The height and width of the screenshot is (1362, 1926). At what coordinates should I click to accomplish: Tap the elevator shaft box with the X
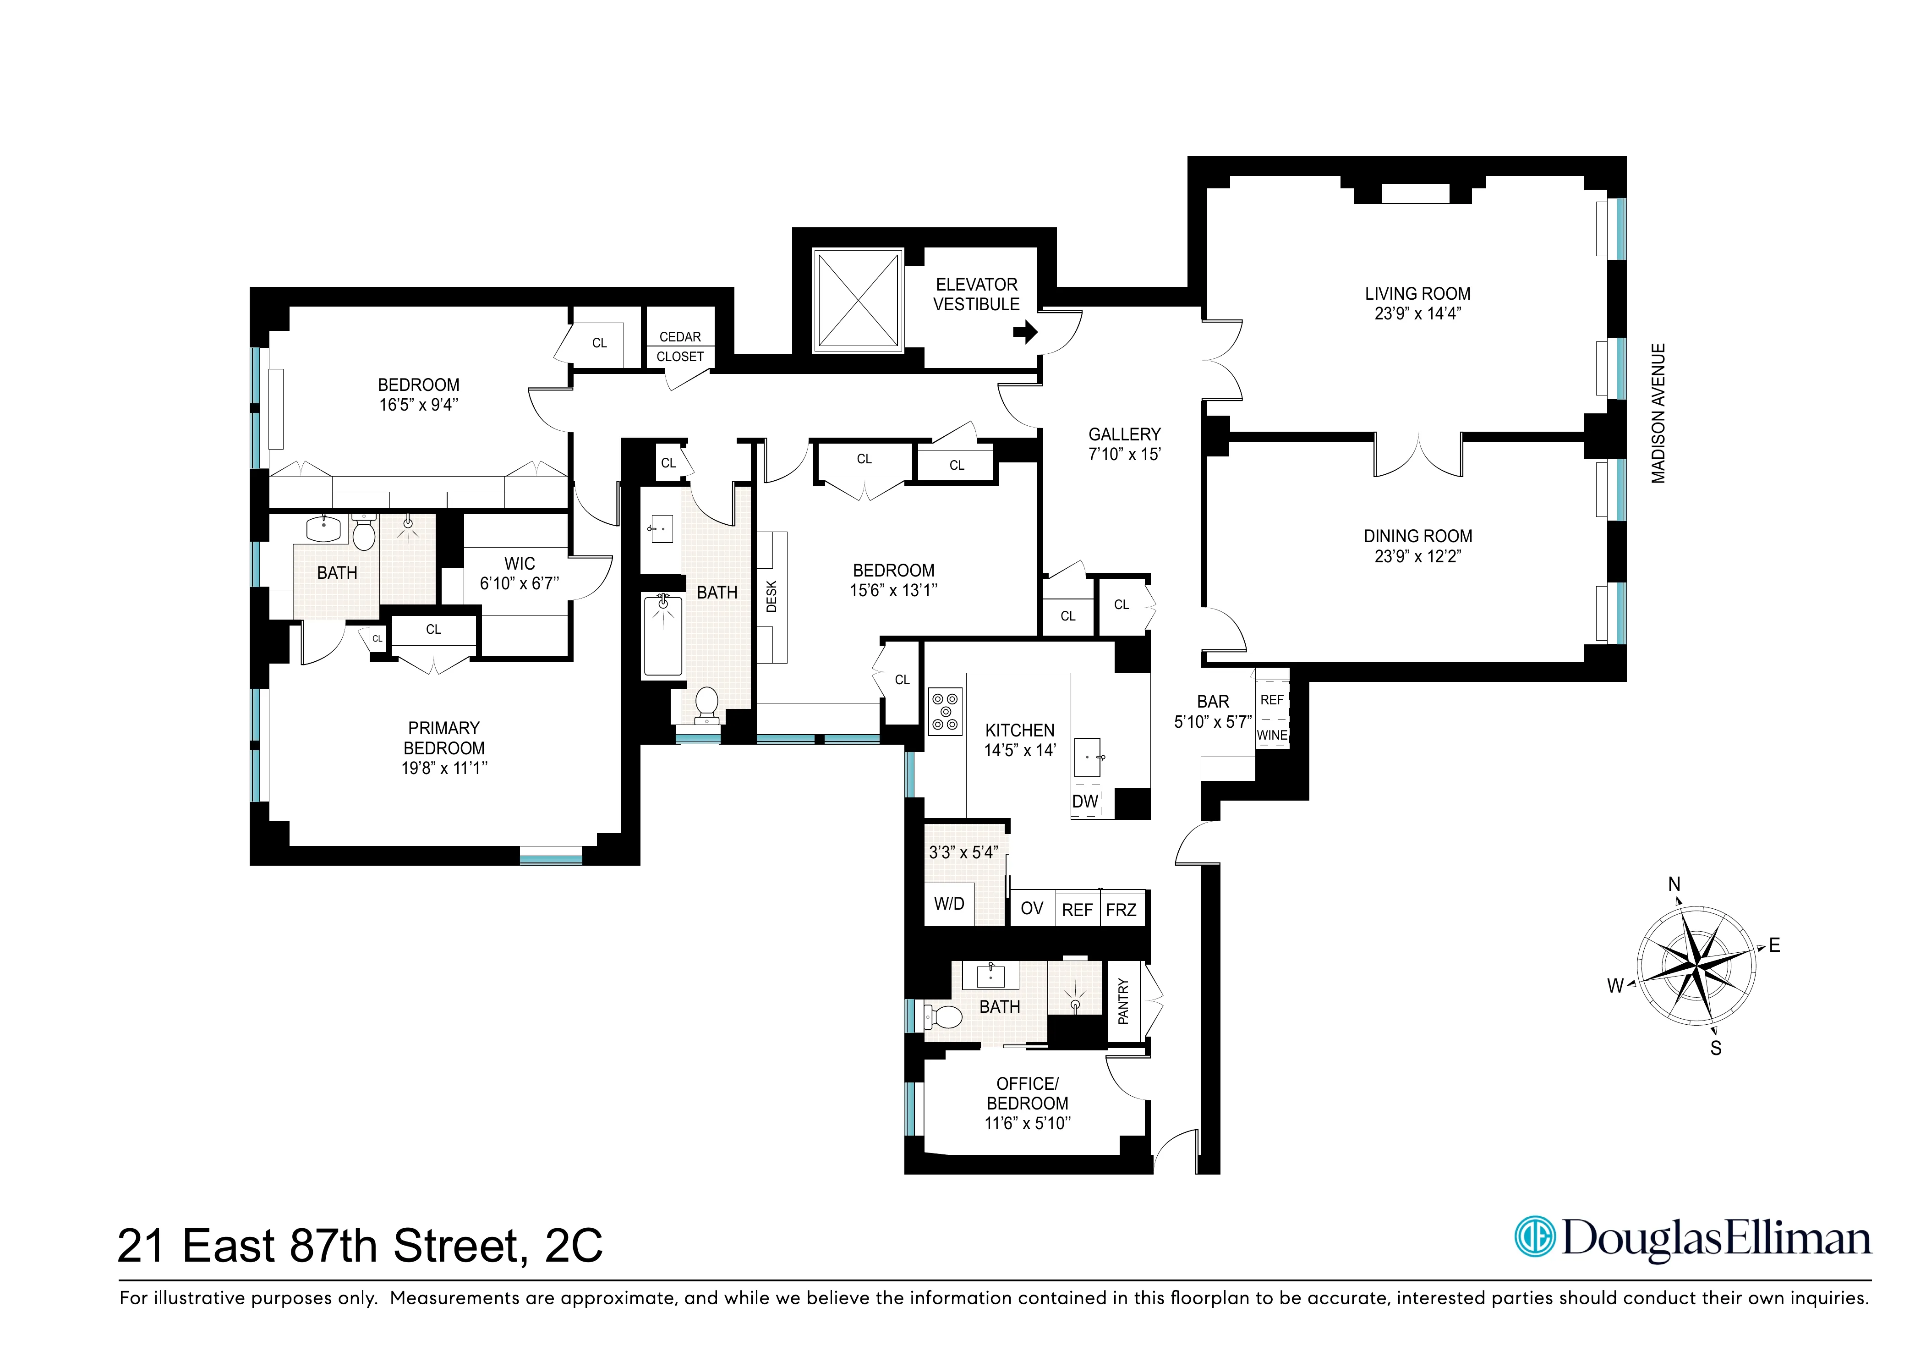pyautogui.click(x=857, y=301)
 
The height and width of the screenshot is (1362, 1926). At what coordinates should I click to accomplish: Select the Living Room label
pyautogui.click(x=1417, y=294)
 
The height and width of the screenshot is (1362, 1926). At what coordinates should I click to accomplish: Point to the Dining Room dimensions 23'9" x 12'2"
pyautogui.click(x=1417, y=555)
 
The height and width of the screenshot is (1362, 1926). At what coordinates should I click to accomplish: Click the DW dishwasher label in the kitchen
pyautogui.click(x=1084, y=802)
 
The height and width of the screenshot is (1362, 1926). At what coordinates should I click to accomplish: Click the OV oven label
pyautogui.click(x=1032, y=909)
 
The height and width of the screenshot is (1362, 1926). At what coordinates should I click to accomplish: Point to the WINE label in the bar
pyautogui.click(x=1272, y=735)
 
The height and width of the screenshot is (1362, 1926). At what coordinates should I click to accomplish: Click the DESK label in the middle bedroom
pyautogui.click(x=772, y=597)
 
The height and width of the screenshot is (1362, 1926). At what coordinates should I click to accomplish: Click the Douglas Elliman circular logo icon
pyautogui.click(x=1534, y=1238)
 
